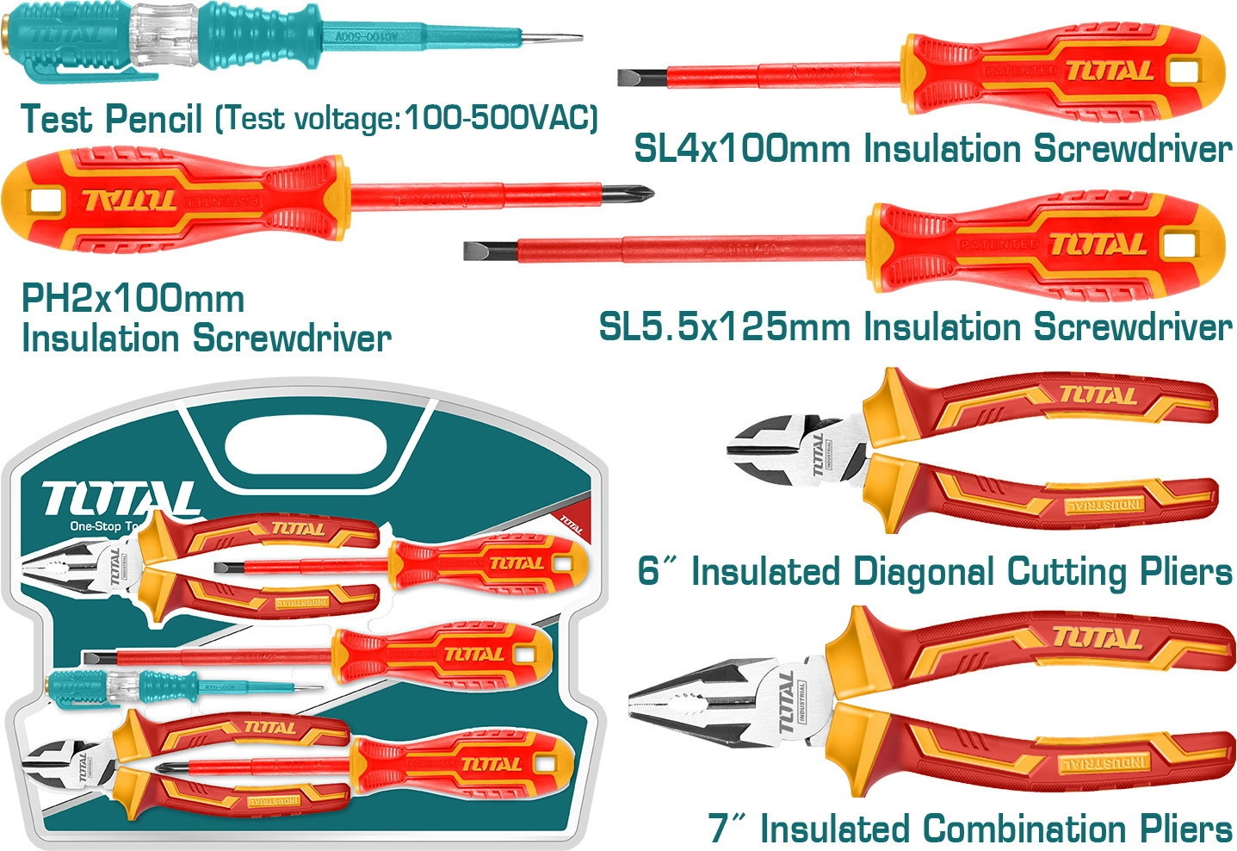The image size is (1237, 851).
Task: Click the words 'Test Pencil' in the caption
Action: click(112, 119)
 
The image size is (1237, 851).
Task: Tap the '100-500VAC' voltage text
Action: click(500, 117)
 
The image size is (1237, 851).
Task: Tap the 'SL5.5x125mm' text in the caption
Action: click(727, 327)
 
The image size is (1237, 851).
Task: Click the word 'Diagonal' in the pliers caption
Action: click(923, 572)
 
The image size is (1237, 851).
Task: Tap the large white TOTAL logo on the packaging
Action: click(121, 498)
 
